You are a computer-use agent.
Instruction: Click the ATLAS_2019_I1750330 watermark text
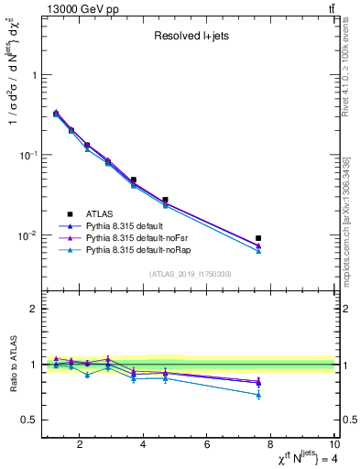coord(190,273)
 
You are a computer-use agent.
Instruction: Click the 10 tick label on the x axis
coord(333,447)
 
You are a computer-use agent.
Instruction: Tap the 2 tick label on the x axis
coord(81,447)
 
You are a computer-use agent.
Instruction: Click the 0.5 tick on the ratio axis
coord(29,420)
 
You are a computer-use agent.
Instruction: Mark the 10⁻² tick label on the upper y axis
coord(27,235)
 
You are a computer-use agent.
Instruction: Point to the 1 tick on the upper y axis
coord(34,75)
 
